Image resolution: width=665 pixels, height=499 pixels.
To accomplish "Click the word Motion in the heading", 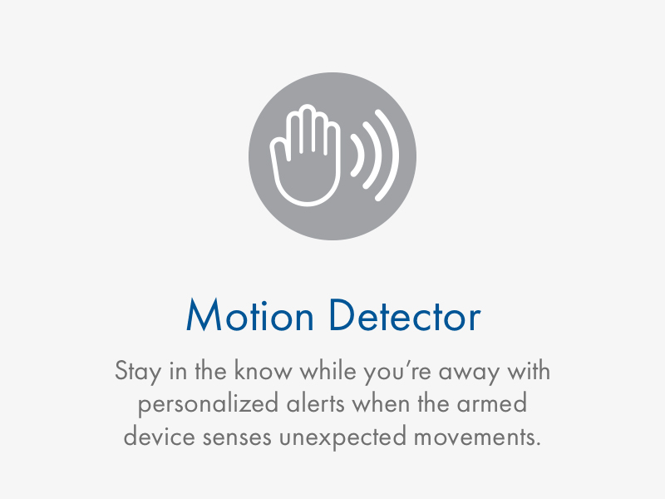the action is pyautogui.click(x=250, y=315).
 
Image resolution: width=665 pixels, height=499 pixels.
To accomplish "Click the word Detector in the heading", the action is pyautogui.click(x=405, y=315).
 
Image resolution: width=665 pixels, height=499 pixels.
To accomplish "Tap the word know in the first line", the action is pyautogui.click(x=264, y=370).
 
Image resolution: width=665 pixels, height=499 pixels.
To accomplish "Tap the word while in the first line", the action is pyautogui.click(x=328, y=370).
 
